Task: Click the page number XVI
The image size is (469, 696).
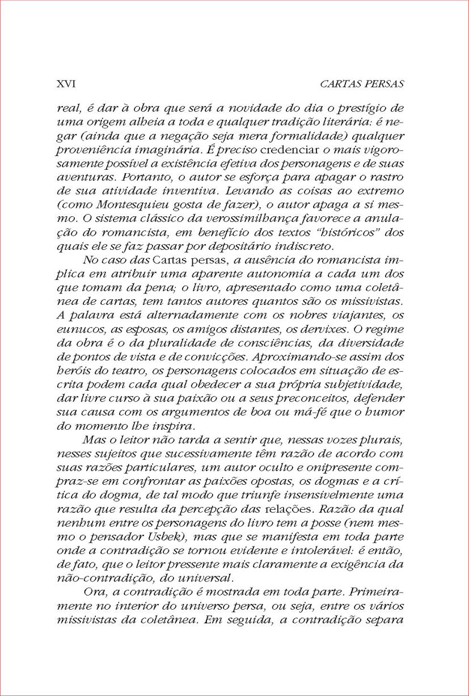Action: [x=66, y=84]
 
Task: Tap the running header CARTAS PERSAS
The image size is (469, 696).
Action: [x=361, y=84]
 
